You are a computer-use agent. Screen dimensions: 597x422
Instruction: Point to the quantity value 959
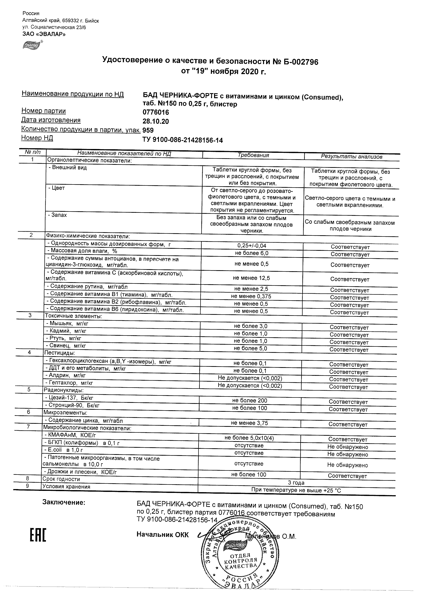[148, 130]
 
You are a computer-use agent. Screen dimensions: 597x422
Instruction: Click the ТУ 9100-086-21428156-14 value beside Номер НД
[182, 140]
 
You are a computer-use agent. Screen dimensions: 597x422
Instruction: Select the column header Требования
[253, 155]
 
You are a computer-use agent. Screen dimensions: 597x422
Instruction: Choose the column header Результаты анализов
[352, 157]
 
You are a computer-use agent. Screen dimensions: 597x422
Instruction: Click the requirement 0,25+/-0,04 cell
[252, 246]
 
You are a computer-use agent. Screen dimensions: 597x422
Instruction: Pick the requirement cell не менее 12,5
[251, 278]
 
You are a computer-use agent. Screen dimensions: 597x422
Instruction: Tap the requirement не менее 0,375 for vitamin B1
[251, 296]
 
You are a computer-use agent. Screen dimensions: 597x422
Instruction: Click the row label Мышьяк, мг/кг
[67, 324]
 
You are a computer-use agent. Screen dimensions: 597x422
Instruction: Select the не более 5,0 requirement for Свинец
[250, 349]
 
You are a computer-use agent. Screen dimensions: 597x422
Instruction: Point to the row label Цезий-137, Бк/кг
[69, 398]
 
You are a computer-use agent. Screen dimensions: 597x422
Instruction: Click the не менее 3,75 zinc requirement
[249, 423]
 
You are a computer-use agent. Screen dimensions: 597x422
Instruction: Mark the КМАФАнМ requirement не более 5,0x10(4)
[249, 438]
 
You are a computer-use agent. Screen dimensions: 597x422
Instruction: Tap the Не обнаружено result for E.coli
[348, 454]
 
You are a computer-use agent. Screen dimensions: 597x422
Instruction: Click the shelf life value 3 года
[296, 483]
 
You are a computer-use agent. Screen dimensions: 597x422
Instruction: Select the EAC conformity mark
[38, 535]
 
